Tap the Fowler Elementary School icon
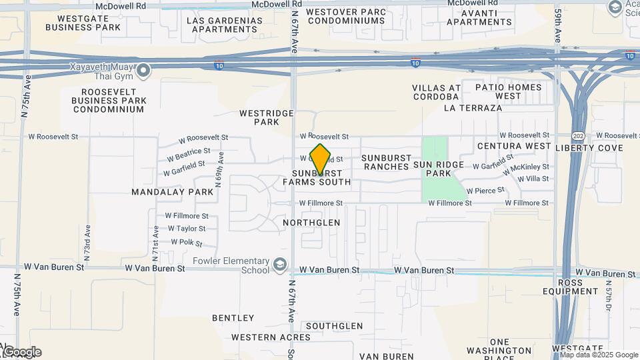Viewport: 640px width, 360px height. [x=280, y=265]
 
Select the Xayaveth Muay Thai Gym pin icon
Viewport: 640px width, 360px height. [x=144, y=69]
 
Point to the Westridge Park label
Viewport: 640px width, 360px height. [x=267, y=118]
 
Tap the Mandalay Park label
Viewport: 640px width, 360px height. [x=172, y=192]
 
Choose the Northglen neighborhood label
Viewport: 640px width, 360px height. [x=311, y=223]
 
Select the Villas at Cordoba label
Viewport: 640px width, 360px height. [x=437, y=92]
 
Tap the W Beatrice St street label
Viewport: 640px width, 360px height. [x=189, y=155]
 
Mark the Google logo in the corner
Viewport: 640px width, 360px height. [x=22, y=352]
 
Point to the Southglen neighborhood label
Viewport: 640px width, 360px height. [x=334, y=327]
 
